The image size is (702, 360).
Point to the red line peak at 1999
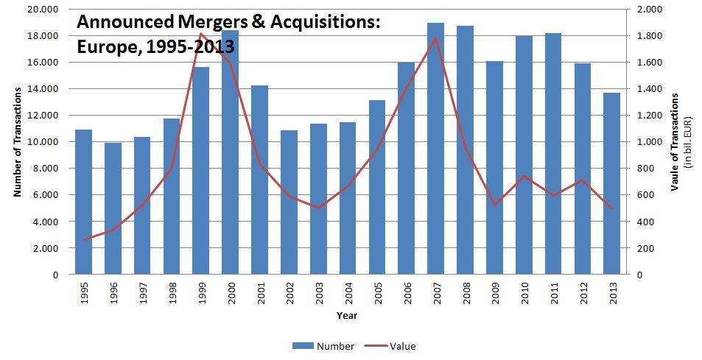coord(201,33)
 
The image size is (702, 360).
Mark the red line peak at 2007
coord(435,38)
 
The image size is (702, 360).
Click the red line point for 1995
coord(84,239)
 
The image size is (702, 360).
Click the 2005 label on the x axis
coord(377,292)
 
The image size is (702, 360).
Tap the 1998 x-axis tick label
coord(172,292)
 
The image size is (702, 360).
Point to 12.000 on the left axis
coord(45,116)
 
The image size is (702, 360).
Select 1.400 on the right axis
coord(650,89)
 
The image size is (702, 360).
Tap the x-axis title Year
coord(347,315)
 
